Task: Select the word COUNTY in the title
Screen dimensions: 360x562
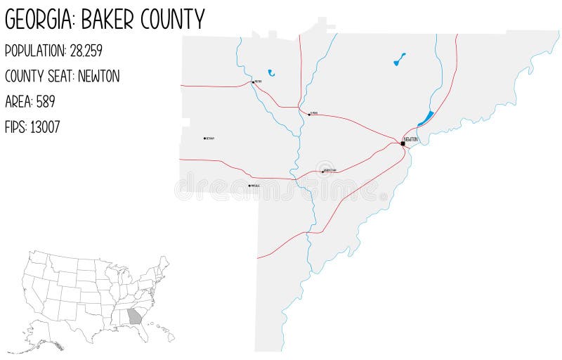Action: pyautogui.click(x=173, y=19)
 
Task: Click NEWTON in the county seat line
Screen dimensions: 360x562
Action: pyautogui.click(x=98, y=77)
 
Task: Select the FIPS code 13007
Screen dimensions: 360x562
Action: pyautogui.click(x=45, y=127)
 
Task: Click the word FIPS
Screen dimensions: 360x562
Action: pyautogui.click(x=15, y=127)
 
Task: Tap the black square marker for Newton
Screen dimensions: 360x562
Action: pyautogui.click(x=403, y=143)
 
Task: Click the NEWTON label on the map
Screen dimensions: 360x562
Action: pyautogui.click(x=411, y=139)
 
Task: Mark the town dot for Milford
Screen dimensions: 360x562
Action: pyautogui.click(x=253, y=82)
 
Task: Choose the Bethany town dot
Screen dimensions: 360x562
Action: pyautogui.click(x=204, y=139)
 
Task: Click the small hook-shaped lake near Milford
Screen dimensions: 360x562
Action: pyautogui.click(x=271, y=72)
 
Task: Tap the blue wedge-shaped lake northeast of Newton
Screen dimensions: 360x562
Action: pyautogui.click(x=426, y=118)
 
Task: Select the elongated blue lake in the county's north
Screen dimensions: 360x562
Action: pyautogui.click(x=399, y=60)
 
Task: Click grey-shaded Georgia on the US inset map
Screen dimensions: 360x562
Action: pyautogui.click(x=134, y=316)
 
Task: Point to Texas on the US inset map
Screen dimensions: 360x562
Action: pyautogui.click(x=81, y=320)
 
